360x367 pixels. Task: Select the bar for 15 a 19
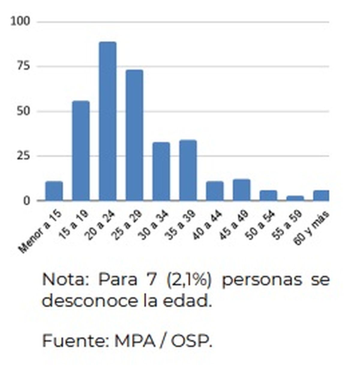(81, 150)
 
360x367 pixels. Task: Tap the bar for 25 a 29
(134, 135)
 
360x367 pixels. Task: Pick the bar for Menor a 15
(54, 191)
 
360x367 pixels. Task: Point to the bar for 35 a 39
(188, 170)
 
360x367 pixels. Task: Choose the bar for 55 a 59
(295, 198)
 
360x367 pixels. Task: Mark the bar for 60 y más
(321, 196)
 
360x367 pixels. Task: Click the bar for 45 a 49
(241, 190)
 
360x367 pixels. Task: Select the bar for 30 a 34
(161, 171)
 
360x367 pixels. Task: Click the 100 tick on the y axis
(21, 21)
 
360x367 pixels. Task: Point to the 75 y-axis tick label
(24, 66)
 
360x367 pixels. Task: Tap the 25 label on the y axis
(24, 156)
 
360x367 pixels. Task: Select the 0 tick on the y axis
(27, 200)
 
